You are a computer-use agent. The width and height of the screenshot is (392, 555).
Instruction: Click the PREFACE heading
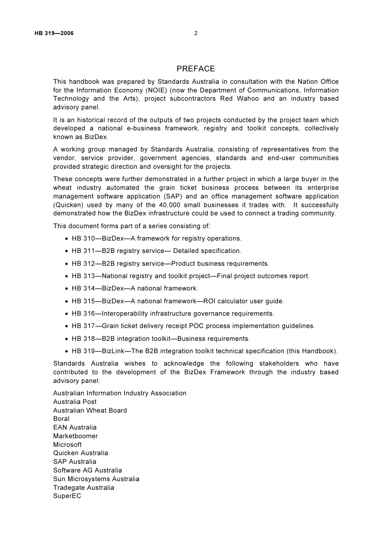point(196,69)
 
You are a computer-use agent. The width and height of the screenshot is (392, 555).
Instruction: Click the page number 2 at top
point(196,33)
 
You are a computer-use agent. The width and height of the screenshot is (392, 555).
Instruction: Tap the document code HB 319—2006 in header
point(54,33)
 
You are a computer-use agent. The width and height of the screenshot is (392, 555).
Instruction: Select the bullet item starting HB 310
point(156,239)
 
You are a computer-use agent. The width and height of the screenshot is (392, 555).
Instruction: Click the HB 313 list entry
point(190,276)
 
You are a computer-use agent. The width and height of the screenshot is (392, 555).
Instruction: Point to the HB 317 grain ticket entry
point(193,326)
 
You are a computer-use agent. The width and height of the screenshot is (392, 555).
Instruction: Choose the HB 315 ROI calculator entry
point(178,301)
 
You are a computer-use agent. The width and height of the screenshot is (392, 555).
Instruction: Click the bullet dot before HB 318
point(66,339)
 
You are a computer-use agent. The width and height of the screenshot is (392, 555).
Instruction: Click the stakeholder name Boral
point(61,419)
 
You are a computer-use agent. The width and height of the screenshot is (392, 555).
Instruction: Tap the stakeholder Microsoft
point(67,445)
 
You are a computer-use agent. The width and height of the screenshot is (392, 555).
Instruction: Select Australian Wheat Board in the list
point(90,411)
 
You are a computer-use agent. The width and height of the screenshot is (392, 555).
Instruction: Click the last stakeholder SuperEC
point(67,496)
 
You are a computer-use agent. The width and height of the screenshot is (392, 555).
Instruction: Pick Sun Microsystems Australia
point(96,479)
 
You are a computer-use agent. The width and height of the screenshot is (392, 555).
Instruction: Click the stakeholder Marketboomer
point(76,436)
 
